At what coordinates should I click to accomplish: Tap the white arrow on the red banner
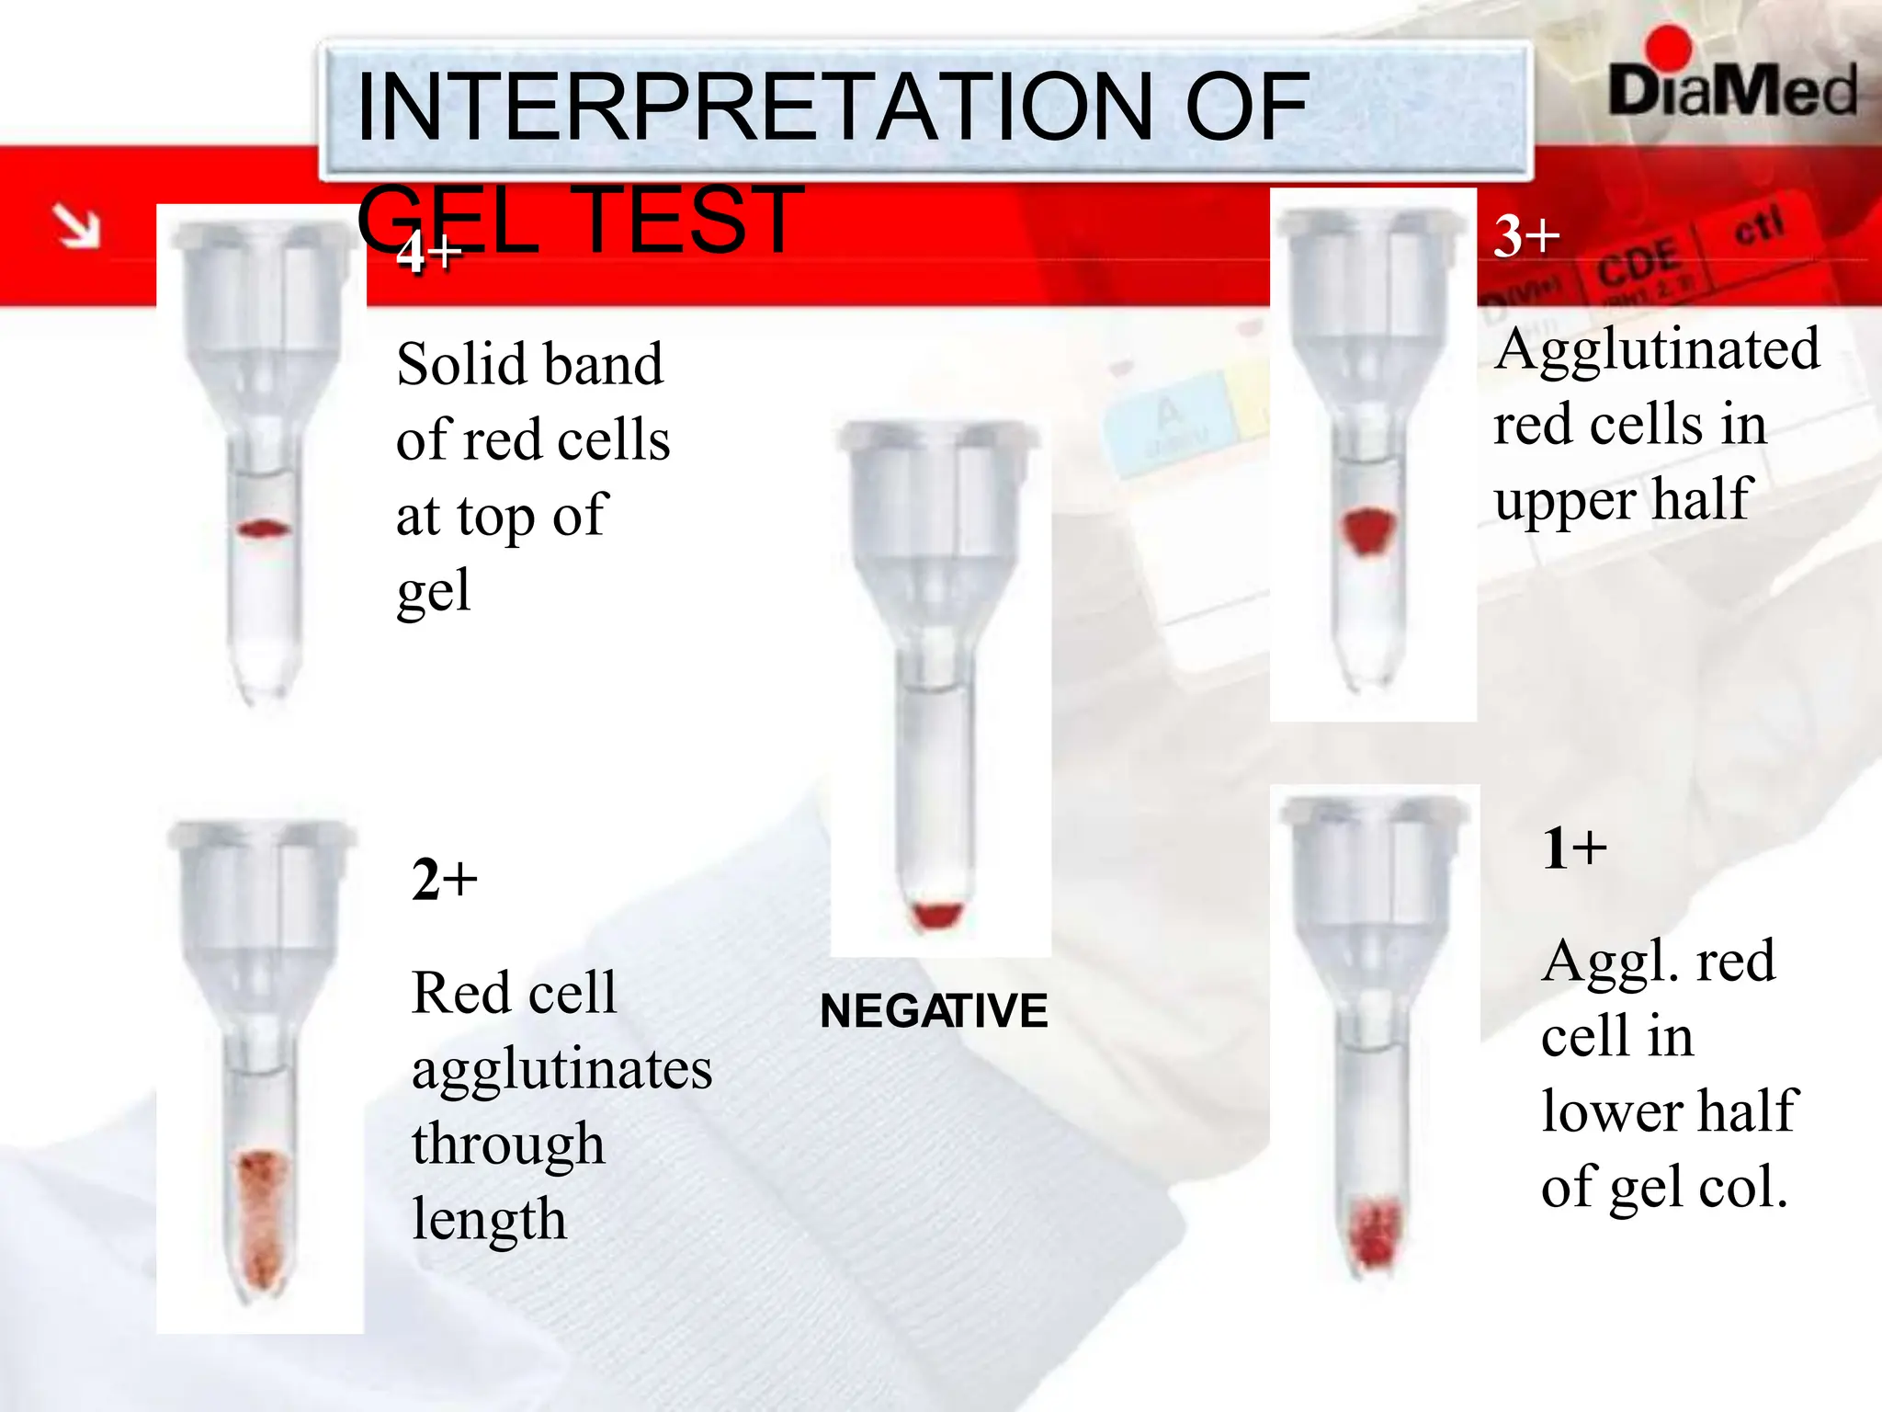[76, 226]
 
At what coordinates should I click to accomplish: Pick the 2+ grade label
[445, 880]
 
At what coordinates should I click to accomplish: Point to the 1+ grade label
[1574, 848]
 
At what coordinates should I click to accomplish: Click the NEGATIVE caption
[934, 1011]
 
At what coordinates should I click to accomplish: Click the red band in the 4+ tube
[264, 529]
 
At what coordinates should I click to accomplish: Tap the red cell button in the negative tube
[936, 914]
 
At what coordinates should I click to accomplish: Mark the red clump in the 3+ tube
[1369, 530]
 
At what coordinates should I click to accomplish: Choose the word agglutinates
[561, 1070]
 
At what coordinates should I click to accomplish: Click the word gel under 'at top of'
[434, 591]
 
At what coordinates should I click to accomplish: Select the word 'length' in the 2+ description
[489, 1220]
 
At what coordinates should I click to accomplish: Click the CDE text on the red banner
[1638, 263]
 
